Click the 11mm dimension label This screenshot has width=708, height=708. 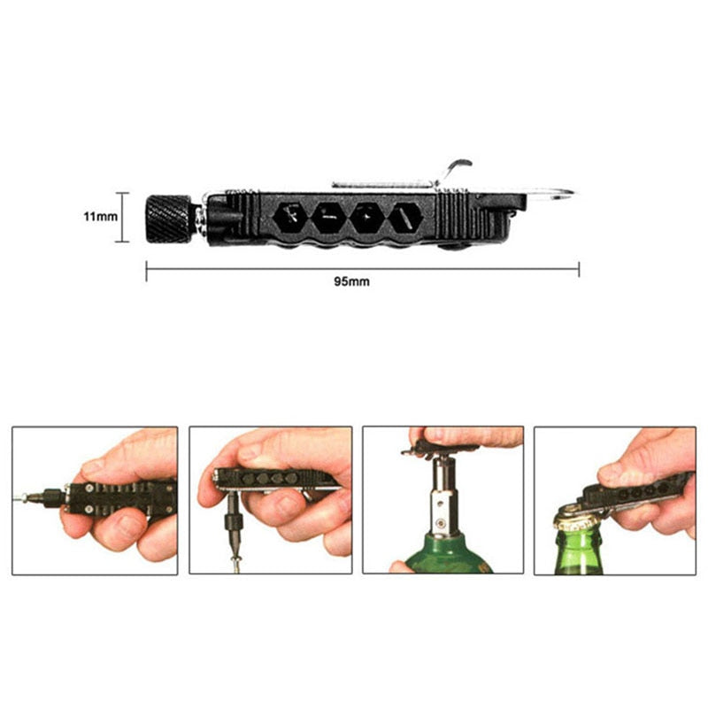pos(100,216)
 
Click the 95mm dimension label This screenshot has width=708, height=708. pos(351,281)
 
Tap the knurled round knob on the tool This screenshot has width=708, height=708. pos(168,219)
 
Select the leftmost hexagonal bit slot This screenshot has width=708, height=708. pos(290,218)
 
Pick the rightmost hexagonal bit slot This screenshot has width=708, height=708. pos(406,218)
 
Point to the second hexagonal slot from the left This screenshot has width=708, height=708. pos(328,218)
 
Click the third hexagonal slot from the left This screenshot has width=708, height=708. pos(367,218)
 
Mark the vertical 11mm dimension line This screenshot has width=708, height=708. pos(122,217)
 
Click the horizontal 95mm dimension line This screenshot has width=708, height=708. pos(363,269)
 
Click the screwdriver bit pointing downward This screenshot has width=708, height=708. pos(235,529)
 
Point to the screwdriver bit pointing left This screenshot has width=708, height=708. pos(42,497)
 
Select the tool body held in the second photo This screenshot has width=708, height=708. pos(276,479)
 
